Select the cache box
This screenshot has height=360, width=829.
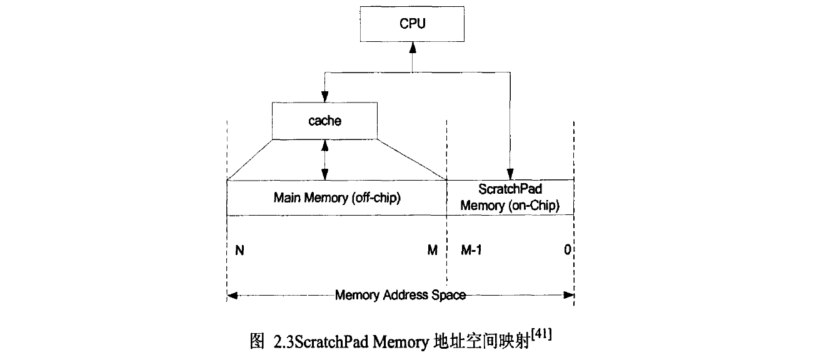pyautogui.click(x=324, y=121)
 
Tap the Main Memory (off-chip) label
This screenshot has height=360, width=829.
pyautogui.click(x=337, y=198)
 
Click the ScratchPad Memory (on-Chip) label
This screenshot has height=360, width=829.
pyautogui.click(x=510, y=197)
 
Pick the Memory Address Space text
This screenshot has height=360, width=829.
pyautogui.click(x=400, y=295)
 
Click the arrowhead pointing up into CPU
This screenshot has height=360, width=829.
pyautogui.click(x=411, y=47)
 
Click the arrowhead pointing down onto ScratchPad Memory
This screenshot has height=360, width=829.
pyautogui.click(x=510, y=175)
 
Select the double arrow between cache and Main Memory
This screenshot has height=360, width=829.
pyautogui.click(x=324, y=159)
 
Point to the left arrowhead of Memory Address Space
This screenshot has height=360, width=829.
pyautogui.click(x=232, y=295)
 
